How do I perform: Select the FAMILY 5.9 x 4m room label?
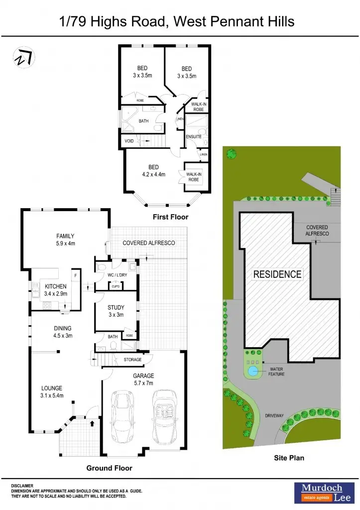(65, 240)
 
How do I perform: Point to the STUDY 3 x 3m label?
(116, 311)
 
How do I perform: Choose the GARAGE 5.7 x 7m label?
(143, 380)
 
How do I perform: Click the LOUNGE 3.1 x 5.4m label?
(52, 392)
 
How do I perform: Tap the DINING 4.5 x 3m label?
(63, 332)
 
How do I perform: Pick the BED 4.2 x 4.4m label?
(153, 170)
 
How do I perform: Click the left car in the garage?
(122, 413)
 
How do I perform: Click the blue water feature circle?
(253, 371)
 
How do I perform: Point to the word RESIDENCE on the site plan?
(277, 274)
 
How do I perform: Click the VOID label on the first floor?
(129, 141)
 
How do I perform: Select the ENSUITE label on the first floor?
(193, 136)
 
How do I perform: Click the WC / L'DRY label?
(117, 274)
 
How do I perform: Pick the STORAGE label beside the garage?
(132, 360)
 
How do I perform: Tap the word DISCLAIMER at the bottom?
(22, 485)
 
